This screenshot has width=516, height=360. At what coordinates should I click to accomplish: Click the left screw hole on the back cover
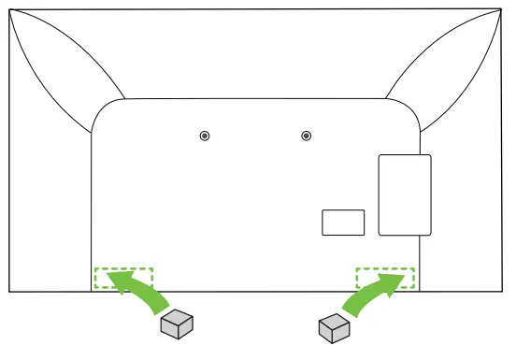205,137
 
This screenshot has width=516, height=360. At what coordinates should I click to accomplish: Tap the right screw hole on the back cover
306,137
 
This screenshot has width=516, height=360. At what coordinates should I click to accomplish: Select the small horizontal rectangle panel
342,222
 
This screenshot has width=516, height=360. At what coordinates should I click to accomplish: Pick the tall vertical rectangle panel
404,194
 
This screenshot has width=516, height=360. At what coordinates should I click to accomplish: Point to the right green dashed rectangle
384,278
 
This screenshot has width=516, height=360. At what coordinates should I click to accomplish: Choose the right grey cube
334,328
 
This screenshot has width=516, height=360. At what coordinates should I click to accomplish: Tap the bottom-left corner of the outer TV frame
9,291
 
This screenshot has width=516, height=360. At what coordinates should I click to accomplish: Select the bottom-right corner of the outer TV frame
505,291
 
